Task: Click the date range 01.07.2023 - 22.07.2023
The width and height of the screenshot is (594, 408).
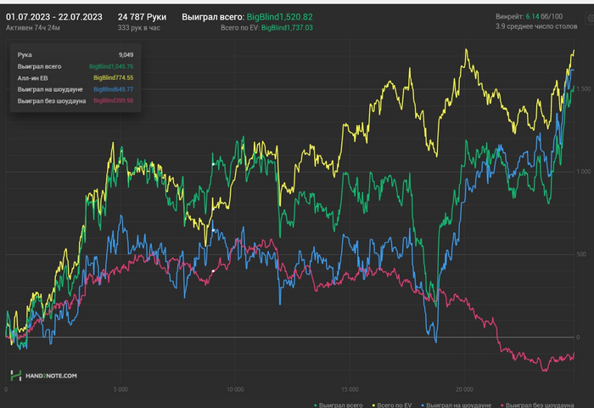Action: click(x=54, y=16)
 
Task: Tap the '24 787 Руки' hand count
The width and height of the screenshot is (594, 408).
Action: click(x=142, y=16)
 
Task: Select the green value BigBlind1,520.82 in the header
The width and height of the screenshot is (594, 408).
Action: click(x=279, y=17)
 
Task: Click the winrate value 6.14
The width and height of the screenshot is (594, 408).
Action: click(x=532, y=16)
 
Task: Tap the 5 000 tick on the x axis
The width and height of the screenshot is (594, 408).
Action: click(x=120, y=390)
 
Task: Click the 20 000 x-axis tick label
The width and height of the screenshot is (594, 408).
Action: click(x=463, y=390)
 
